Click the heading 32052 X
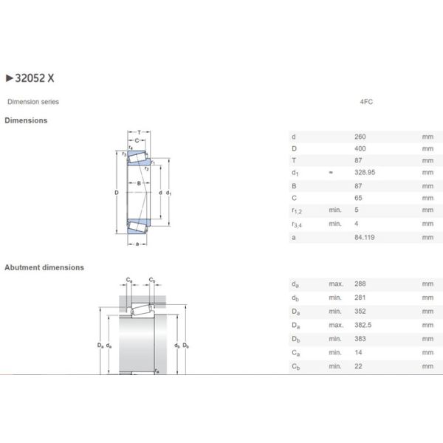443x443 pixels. pos(32,77)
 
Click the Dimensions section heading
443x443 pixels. pos(26,120)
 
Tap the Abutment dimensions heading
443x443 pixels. pos(44,267)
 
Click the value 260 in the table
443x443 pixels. pos(360,137)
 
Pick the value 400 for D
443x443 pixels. pos(360,149)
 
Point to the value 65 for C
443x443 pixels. pos(359,198)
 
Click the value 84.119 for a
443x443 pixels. pos(365,238)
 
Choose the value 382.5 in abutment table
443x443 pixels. pos(363,325)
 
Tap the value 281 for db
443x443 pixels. pos(360,298)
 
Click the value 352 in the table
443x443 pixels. pos(360,312)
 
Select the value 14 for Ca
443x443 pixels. pos(359,352)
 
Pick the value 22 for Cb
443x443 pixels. pos(359,366)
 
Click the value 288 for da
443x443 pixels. pos(360,284)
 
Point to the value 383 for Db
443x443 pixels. pos(360,339)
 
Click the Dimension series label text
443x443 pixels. pos(32,102)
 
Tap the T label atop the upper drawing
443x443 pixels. pos(138,131)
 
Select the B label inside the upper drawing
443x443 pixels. pos(137,183)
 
